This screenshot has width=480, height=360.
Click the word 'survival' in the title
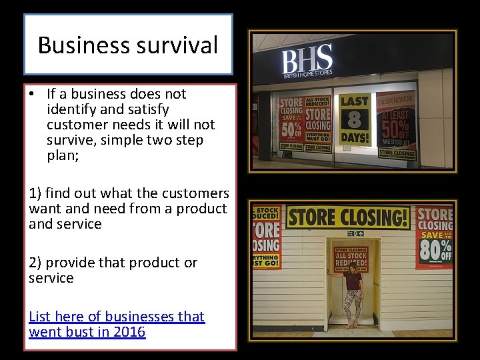[x=180, y=45]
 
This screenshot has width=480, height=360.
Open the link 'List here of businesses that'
[x=117, y=317]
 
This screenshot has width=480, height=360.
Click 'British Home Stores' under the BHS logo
[x=307, y=75]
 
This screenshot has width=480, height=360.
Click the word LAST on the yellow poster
[x=355, y=102]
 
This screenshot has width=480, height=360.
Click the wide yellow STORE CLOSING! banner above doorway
[x=348, y=217]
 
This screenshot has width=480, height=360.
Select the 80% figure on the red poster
[x=434, y=250]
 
